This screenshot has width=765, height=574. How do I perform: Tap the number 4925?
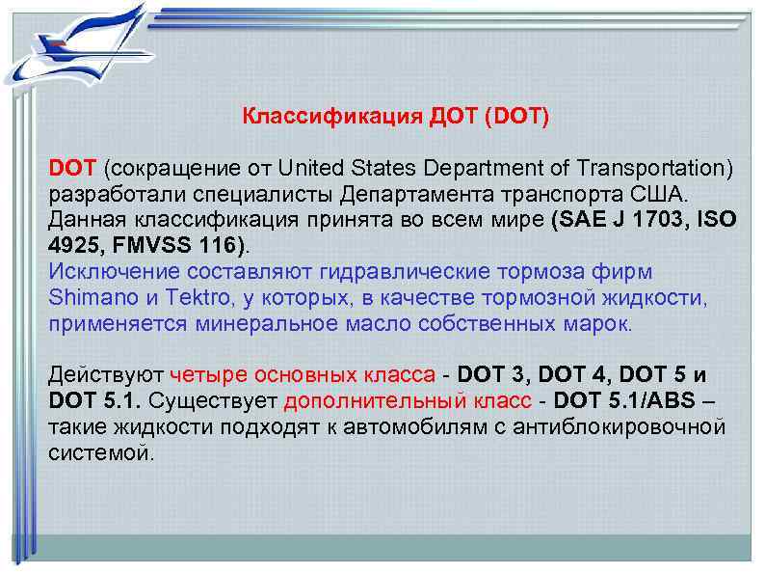pos(74,244)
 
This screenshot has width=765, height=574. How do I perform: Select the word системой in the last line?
pos(99,451)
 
